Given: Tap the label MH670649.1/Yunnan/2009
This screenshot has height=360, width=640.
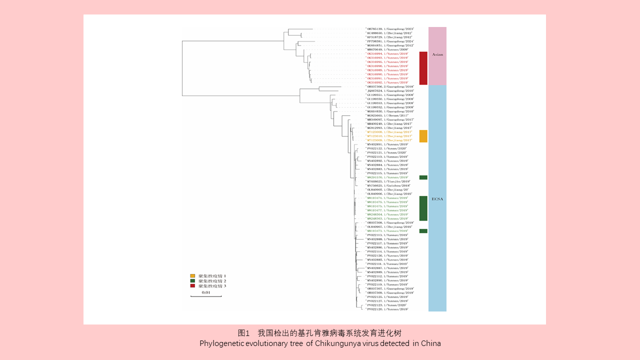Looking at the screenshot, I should click(x=387, y=49).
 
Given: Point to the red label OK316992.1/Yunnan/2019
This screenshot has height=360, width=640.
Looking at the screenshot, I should click(x=387, y=82).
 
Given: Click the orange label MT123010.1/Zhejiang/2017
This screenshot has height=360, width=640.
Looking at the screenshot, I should click(x=389, y=136).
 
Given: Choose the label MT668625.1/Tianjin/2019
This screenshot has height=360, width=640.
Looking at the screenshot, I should click(x=388, y=181).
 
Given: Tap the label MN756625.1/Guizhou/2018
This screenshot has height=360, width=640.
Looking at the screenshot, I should click(x=388, y=185).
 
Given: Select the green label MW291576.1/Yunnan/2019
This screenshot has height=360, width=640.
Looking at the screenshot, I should click(x=387, y=177).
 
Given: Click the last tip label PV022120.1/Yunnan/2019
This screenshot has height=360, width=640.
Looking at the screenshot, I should click(x=387, y=309).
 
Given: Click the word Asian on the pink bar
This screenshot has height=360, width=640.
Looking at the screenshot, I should click(x=437, y=54).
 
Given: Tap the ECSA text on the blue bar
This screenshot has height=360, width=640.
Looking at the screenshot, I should click(x=437, y=199).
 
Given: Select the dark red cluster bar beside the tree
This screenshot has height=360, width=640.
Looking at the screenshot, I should click(x=423, y=68).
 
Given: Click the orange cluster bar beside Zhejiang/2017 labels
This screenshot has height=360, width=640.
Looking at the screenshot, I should click(x=423, y=136).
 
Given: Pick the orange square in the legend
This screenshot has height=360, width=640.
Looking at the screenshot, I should click(x=192, y=276).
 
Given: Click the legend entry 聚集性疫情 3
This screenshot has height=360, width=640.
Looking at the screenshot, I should click(x=212, y=286).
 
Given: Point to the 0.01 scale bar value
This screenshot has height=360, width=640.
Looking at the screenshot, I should click(x=205, y=292).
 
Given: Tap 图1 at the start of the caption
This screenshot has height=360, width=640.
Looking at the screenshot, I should click(x=243, y=333).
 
